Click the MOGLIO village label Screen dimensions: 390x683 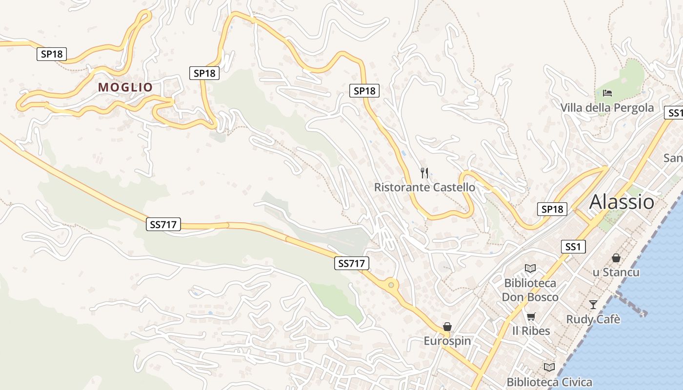[125, 87]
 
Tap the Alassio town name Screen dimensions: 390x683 [622, 202]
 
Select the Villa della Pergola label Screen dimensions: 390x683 [607, 108]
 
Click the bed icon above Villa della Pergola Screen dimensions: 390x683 [607, 93]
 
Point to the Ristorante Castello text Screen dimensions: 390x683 [424, 187]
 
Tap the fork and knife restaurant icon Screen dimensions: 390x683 [424, 173]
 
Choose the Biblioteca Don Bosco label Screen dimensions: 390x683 [530, 290]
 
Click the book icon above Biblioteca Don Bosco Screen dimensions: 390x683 [530, 268]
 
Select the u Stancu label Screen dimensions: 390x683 [616, 272]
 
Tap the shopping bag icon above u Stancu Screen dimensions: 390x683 [616, 257]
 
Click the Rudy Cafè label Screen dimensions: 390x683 [593, 319]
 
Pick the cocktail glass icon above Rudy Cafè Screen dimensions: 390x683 [593, 304]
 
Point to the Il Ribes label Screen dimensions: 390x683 [531, 331]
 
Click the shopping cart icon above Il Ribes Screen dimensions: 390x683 [531, 316]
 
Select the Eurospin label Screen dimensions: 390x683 [447, 341]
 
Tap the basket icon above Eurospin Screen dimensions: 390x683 [447, 326]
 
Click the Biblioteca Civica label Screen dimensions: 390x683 [549, 382]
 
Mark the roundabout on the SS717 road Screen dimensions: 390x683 [390, 284]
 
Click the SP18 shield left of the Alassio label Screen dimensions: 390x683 [552, 209]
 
